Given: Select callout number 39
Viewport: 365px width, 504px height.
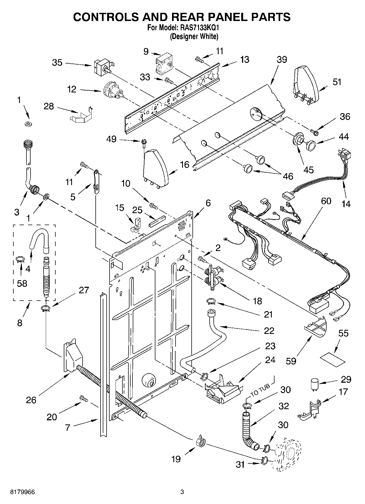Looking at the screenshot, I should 282,59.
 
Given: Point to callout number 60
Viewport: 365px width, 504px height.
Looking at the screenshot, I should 326,201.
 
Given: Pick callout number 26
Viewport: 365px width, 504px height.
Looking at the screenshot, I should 31,400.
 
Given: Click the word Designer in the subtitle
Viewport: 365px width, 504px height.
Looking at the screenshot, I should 185,36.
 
